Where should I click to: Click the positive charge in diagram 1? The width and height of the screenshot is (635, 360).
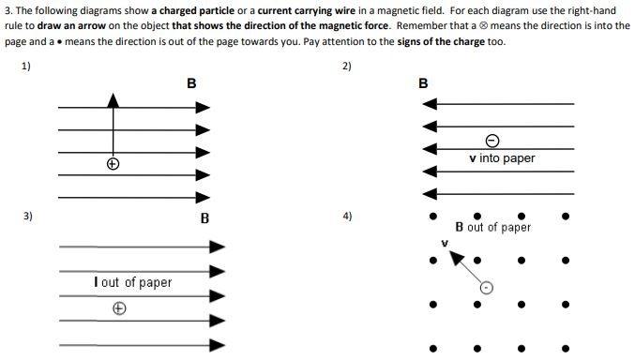pos(113,163)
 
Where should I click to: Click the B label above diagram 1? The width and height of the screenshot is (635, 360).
pos(191,82)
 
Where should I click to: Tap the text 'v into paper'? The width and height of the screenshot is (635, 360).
pos(501,158)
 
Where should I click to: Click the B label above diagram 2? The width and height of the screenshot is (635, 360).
pos(422,83)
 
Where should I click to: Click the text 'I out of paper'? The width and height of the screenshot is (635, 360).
pos(132,282)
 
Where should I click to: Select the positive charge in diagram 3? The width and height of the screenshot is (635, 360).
pos(118,307)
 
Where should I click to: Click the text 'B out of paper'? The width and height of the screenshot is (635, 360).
pos(492,227)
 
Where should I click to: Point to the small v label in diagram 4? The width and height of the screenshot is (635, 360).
pos(446,243)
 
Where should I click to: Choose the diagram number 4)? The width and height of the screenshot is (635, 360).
pos(348,216)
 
